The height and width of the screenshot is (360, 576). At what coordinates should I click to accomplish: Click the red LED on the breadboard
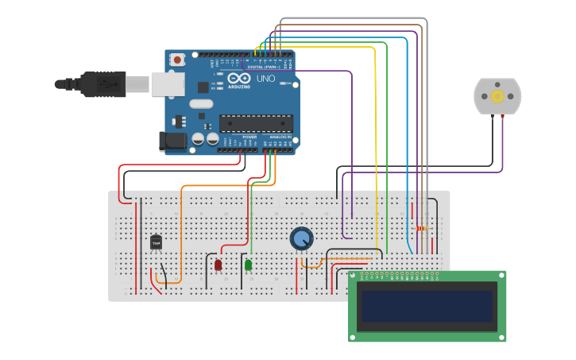(x=218, y=265)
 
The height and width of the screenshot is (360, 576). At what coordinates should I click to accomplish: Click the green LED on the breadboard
(x=248, y=265)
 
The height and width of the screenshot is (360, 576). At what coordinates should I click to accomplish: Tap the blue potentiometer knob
(x=301, y=238)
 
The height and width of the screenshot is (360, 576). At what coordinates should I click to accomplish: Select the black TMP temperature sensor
(x=156, y=242)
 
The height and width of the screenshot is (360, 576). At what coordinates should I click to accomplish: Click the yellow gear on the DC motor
(x=497, y=96)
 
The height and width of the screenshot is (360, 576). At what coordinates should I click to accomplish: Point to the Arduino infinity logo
(x=239, y=79)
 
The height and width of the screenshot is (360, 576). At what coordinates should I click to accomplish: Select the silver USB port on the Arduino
(x=168, y=83)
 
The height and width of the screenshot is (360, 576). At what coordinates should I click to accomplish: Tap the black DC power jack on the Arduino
(x=172, y=141)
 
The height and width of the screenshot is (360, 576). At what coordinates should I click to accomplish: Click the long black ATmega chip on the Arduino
(x=256, y=123)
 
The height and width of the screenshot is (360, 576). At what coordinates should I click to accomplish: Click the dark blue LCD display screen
(x=427, y=306)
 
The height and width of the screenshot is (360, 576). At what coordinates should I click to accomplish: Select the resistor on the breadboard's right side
(x=420, y=229)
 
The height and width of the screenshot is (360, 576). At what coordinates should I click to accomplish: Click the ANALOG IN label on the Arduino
(x=280, y=137)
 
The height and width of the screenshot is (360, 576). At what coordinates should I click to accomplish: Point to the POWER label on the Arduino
(x=249, y=137)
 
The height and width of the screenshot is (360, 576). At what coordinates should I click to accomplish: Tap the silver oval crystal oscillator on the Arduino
(x=201, y=103)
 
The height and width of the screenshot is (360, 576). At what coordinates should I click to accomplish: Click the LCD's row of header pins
(x=398, y=277)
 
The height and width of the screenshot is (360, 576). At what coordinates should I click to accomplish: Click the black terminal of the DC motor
(x=493, y=117)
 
